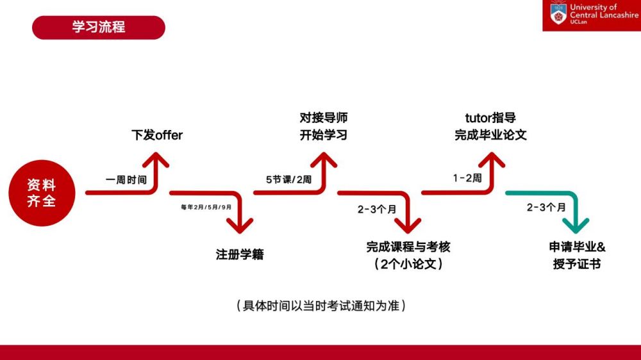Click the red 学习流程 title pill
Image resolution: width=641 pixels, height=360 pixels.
pyautogui.click(x=99, y=28)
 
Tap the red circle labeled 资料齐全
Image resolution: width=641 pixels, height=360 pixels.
pyautogui.click(x=42, y=193)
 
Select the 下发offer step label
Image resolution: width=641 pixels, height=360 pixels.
pyautogui.click(x=157, y=135)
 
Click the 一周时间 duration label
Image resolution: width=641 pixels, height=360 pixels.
pyautogui.click(x=126, y=180)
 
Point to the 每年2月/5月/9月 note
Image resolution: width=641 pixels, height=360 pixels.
pyautogui.click(x=206, y=207)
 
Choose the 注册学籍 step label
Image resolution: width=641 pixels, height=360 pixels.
pyautogui.click(x=240, y=254)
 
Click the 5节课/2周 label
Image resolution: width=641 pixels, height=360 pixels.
pyautogui.click(x=288, y=180)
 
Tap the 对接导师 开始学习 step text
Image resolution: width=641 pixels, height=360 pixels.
pyautogui.click(x=323, y=126)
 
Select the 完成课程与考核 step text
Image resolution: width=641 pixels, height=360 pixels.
pyautogui.click(x=408, y=247)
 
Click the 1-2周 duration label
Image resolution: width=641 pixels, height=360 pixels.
pyautogui.click(x=467, y=178)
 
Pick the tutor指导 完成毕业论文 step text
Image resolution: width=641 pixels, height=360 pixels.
pyautogui.click(x=490, y=126)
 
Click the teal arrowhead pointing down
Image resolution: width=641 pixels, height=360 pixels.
pyautogui.click(x=576, y=225)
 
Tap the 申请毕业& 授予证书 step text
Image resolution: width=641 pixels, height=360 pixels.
pyautogui.click(x=577, y=256)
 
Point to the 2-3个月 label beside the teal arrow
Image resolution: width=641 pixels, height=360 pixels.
pyautogui.click(x=546, y=208)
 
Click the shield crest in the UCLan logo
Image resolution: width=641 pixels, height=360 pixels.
pyautogui.click(x=558, y=14)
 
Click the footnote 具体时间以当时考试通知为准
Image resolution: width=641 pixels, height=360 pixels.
pyautogui.click(x=321, y=306)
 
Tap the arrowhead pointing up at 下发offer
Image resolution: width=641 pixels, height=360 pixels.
pyautogui.click(x=156, y=160)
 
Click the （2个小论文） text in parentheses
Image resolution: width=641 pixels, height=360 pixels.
pyautogui.click(x=408, y=264)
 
